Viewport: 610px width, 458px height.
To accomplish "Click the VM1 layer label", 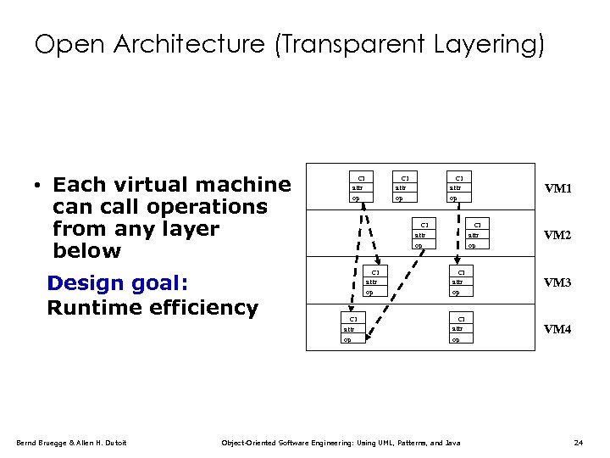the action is [557, 188].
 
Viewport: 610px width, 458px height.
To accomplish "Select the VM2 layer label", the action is [557, 235].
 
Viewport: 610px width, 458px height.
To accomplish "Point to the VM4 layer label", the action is [557, 329].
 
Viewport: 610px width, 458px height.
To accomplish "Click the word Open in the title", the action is [65, 44].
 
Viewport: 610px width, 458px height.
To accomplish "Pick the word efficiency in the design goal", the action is [203, 307].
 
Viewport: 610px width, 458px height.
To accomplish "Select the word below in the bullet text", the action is [86, 251].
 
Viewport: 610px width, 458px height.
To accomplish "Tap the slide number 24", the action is [579, 443].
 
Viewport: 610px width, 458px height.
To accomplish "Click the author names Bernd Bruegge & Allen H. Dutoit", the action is [71, 443].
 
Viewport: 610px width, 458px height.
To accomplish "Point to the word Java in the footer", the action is [452, 443].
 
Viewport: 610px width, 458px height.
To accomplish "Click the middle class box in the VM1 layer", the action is [405, 188].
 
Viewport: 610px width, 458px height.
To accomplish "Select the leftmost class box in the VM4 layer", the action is [352, 328].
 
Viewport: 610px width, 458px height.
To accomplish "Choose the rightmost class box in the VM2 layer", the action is [476, 235].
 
